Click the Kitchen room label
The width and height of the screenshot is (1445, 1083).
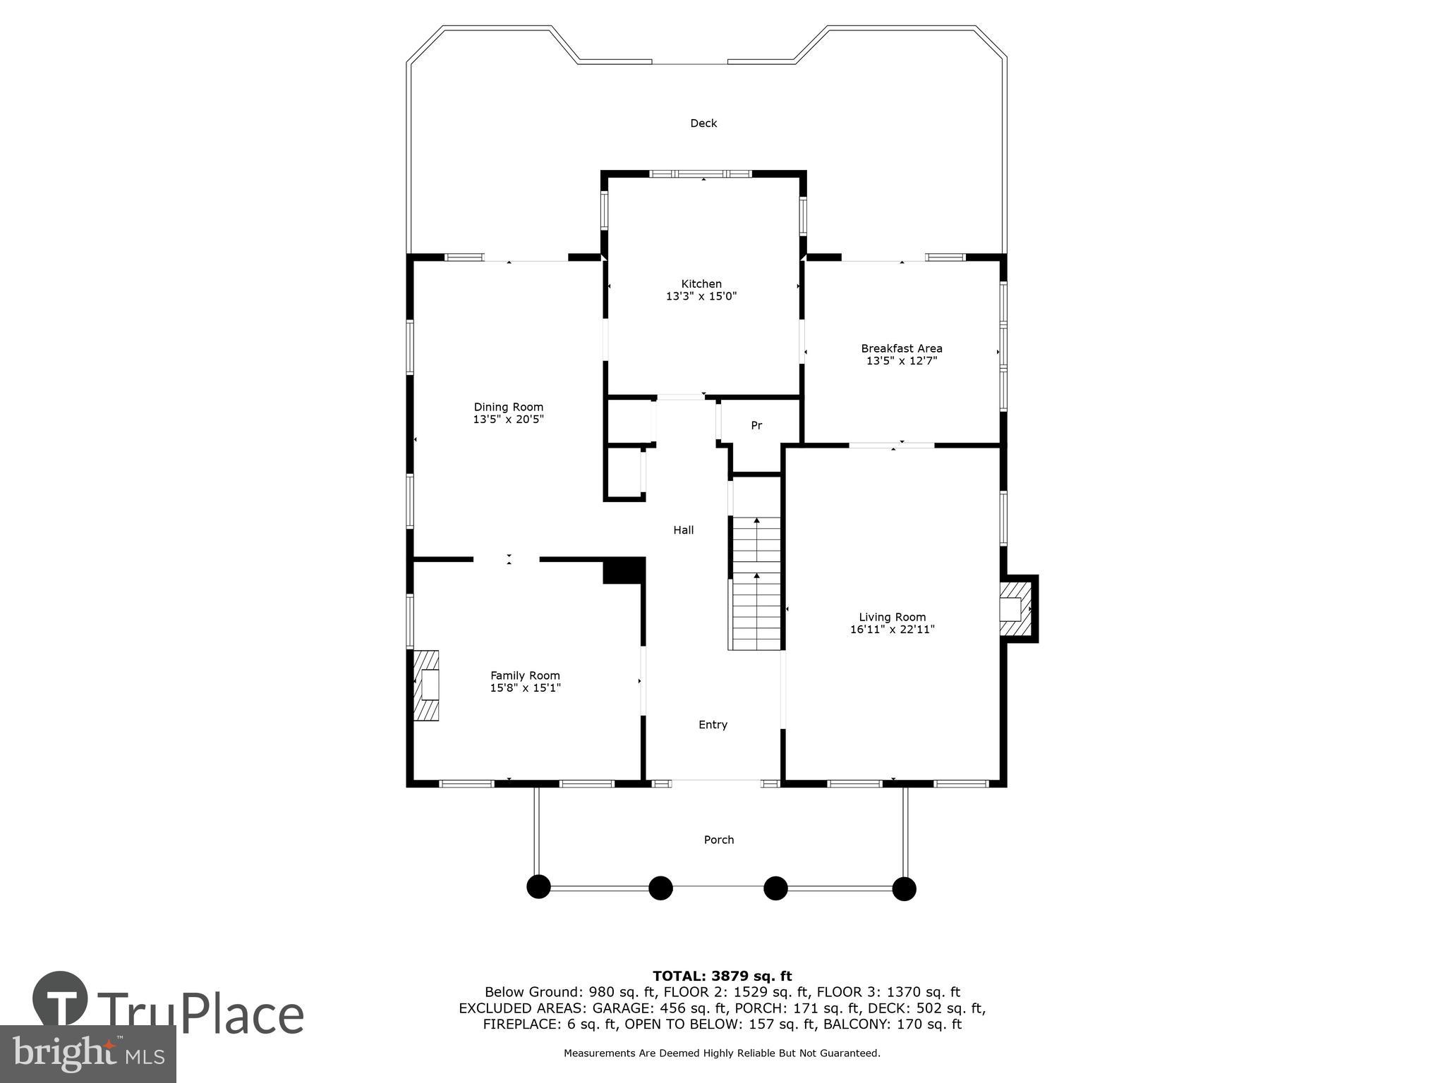[x=701, y=284]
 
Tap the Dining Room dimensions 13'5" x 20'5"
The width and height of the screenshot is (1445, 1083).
[x=508, y=420]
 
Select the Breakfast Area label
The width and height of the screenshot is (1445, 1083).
[x=901, y=348]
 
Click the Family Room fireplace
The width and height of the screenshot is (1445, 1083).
[x=426, y=685]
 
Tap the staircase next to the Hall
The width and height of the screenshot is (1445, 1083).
[x=756, y=584]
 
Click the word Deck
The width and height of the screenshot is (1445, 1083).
[x=703, y=123]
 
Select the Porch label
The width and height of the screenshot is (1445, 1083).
[x=718, y=840]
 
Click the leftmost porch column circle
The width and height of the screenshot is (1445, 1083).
[x=538, y=887]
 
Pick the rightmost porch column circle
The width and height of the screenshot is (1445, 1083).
[x=904, y=888]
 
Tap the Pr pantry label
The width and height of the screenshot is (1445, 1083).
[x=756, y=426]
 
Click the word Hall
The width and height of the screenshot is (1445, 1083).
[x=683, y=530]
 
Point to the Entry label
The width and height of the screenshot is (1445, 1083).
[x=713, y=725]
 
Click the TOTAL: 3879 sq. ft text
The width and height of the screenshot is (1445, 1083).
[x=722, y=976]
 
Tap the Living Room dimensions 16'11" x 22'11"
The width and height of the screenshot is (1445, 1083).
[x=892, y=630]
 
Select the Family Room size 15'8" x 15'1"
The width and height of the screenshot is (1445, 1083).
[x=525, y=688]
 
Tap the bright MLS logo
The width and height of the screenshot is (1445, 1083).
[x=87, y=1053]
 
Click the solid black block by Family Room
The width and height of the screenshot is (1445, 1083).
[x=624, y=570]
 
